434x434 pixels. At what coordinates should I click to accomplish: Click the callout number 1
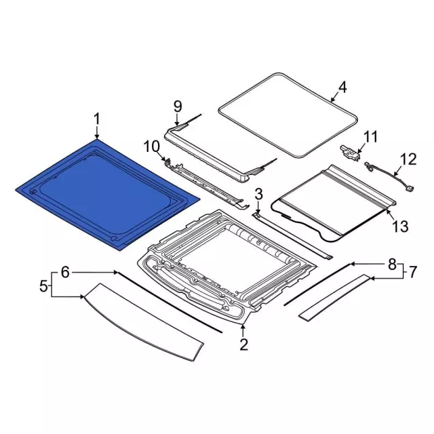click(x=96, y=119)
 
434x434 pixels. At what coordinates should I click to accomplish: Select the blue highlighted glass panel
click(x=107, y=195)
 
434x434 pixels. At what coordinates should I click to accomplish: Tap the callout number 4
click(x=342, y=87)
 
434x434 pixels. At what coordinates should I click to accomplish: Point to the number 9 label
click(x=178, y=106)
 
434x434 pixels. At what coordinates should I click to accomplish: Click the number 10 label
click(x=152, y=146)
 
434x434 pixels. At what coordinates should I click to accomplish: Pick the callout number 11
click(x=371, y=137)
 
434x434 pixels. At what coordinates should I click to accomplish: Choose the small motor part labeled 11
click(x=350, y=153)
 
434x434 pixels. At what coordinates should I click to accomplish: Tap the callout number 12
click(x=408, y=160)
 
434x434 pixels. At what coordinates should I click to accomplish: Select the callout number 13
click(x=400, y=226)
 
